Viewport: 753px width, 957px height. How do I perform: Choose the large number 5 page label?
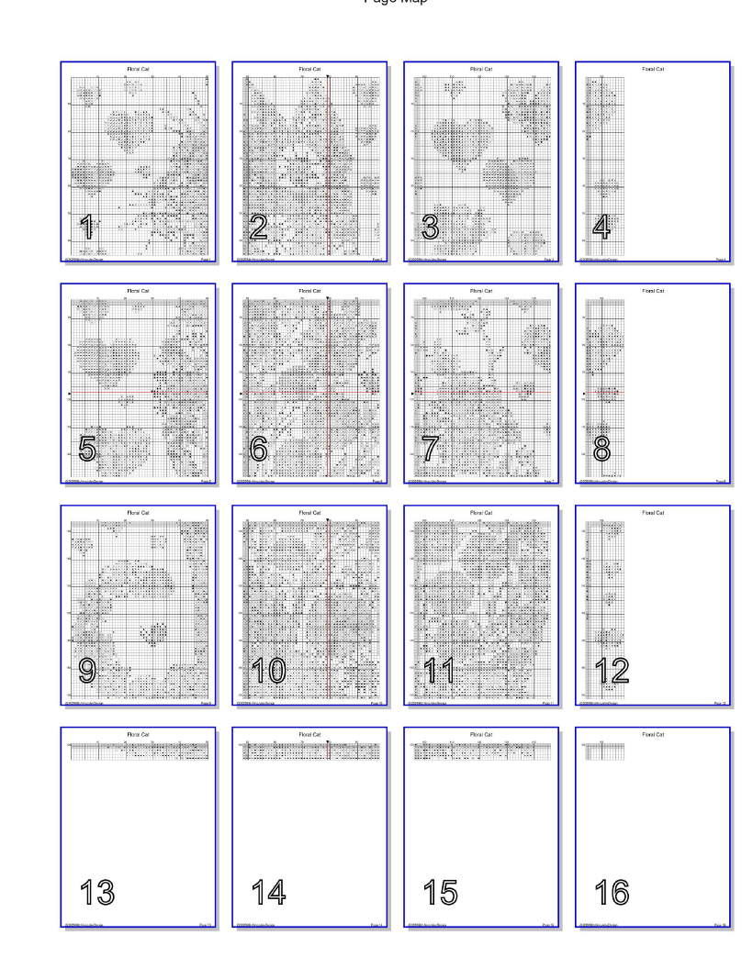pos(87,449)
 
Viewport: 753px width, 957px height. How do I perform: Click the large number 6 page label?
pos(259,449)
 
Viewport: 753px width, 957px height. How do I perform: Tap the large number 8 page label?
pos(602,449)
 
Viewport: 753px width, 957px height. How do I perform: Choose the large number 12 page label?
pos(613,672)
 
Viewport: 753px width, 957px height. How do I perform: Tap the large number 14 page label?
pos(270,891)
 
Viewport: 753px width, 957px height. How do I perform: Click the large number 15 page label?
pos(442,891)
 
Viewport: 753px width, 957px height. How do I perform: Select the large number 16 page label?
pos(613,891)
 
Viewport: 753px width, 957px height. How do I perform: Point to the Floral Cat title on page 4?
pos(653,69)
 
